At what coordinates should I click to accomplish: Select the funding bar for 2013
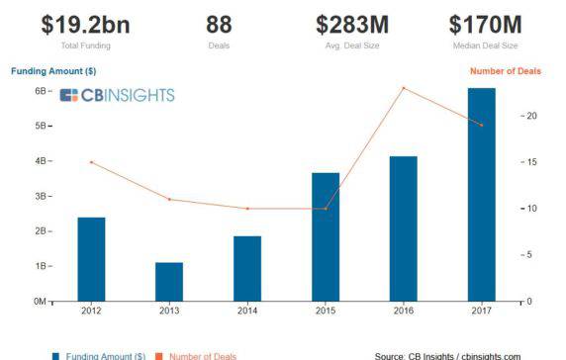pos(169,281)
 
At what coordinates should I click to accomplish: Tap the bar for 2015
pos(326,236)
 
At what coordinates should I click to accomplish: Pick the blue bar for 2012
pos(91,258)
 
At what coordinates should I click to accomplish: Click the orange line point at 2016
pos(404,88)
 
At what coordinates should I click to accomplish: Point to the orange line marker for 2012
pos(91,162)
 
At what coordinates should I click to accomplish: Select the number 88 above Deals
pos(220,24)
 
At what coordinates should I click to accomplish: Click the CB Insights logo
pos(117,95)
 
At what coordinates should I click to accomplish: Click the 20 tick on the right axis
pos(531,116)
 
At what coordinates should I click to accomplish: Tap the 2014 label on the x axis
pos(247,312)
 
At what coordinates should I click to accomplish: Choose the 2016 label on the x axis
pos(404,312)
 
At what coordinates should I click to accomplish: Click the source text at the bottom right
pos(447,355)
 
